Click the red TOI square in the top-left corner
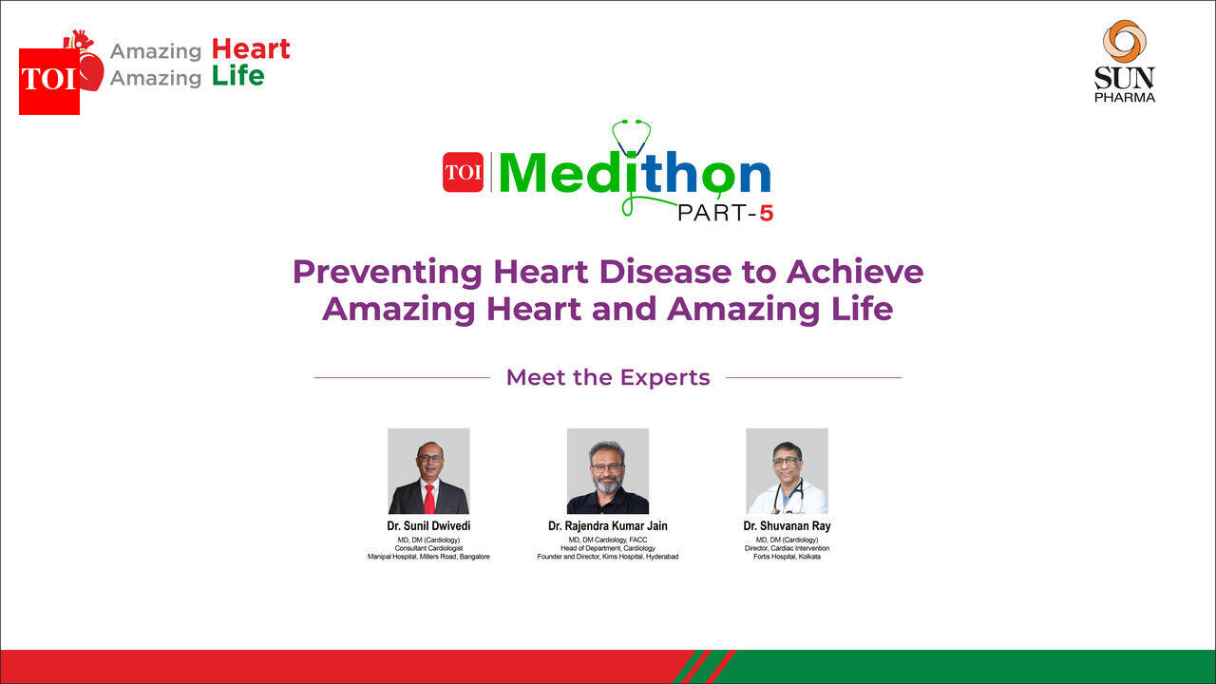[x=48, y=81]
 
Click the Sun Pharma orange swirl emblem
[x=1124, y=42]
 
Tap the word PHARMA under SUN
[x=1125, y=97]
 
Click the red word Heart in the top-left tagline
[x=251, y=49]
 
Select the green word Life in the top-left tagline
[x=237, y=76]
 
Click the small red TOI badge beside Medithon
[x=463, y=172]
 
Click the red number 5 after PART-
[x=766, y=214]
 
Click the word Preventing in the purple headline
[x=387, y=272]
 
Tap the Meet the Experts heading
[x=608, y=377]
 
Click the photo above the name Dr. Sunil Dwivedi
[x=428, y=470]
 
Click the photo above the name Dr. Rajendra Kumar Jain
[x=608, y=470]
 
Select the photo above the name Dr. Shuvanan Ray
[x=787, y=470]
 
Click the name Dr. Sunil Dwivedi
[x=428, y=526]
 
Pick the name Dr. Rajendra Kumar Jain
[x=608, y=526]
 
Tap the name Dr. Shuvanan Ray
[x=787, y=526]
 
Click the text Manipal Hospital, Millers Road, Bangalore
[x=428, y=557]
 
